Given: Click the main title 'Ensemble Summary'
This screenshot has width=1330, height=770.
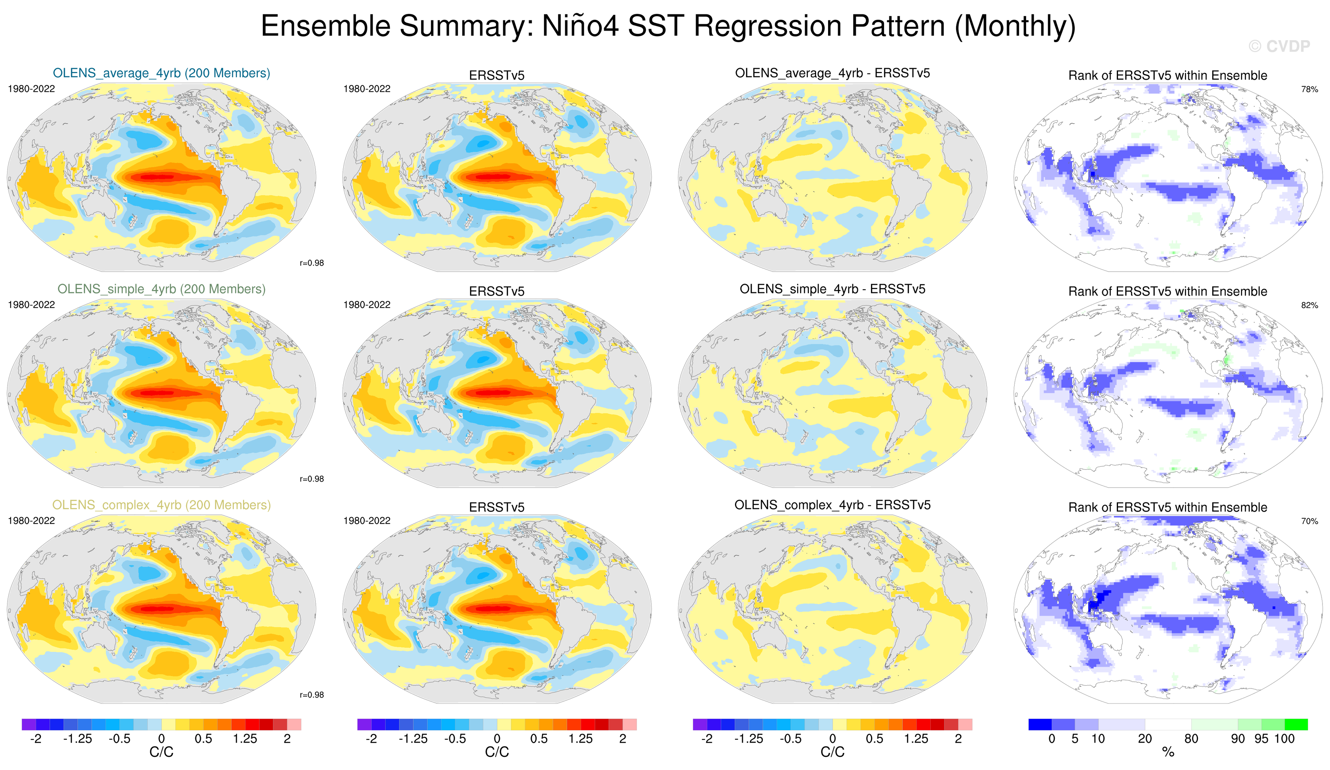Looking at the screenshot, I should click(668, 26).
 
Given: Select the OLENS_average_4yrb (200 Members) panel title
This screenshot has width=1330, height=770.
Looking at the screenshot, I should click(161, 73).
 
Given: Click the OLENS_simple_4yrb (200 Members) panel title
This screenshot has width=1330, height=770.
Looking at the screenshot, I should click(161, 289).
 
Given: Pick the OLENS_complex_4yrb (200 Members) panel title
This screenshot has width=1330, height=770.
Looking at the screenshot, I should click(161, 505).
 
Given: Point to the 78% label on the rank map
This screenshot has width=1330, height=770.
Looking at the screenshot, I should click(1309, 89).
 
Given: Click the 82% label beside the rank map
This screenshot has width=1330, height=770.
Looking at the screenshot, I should click(1309, 305).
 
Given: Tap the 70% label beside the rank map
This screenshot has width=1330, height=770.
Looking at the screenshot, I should click(1309, 521).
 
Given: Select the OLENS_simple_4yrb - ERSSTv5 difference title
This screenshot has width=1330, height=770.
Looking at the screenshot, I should click(832, 289).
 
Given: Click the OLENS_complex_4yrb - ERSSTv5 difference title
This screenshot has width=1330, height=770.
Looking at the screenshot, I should click(832, 505).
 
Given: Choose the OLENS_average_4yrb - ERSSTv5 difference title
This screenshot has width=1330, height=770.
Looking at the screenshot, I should click(832, 73).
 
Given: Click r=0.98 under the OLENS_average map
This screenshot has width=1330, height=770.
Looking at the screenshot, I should click(311, 263).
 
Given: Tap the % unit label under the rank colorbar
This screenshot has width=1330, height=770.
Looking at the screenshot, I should click(1168, 752).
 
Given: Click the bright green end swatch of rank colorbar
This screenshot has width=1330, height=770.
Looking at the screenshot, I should click(1296, 724).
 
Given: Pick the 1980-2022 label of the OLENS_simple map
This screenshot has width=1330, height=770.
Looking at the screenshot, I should click(31, 305).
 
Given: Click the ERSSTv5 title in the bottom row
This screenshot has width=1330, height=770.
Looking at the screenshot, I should click(497, 507).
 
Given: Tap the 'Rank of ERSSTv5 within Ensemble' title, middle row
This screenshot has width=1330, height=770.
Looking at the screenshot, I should click(1167, 291).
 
